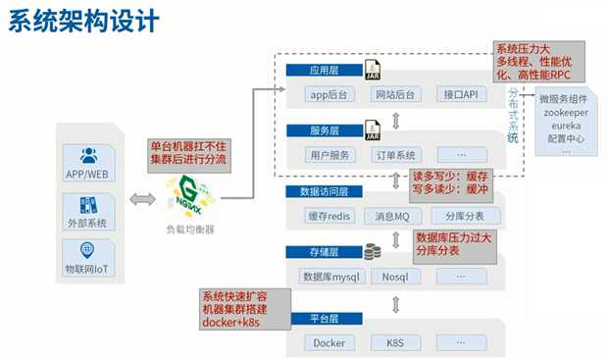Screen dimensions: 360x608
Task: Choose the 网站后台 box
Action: coord(395,95)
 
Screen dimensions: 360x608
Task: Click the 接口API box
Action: coord(461,95)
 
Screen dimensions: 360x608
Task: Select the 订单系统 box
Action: coord(395,155)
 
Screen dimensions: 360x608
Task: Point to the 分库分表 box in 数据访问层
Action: coord(461,216)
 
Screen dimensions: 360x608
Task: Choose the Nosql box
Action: coord(394,277)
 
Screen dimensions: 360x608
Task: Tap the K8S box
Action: coord(394,343)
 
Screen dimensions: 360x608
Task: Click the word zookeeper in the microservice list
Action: coord(566,114)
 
